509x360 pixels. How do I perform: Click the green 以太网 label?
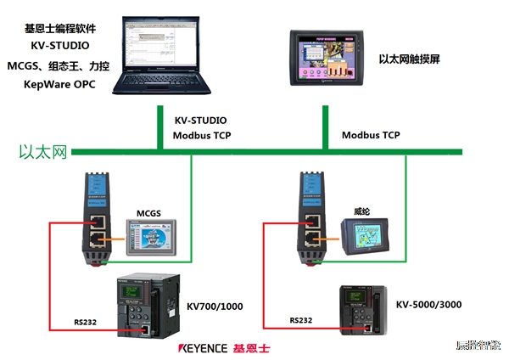click(43, 152)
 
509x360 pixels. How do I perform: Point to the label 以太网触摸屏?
click(410, 59)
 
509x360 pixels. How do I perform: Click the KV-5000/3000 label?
click(428, 303)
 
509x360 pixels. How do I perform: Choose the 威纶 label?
click(362, 209)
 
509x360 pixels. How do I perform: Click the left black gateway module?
click(94, 220)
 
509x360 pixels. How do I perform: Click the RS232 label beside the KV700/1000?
click(85, 322)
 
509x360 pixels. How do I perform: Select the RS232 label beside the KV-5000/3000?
click(301, 321)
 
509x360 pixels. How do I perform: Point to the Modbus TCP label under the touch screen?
click(371, 135)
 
